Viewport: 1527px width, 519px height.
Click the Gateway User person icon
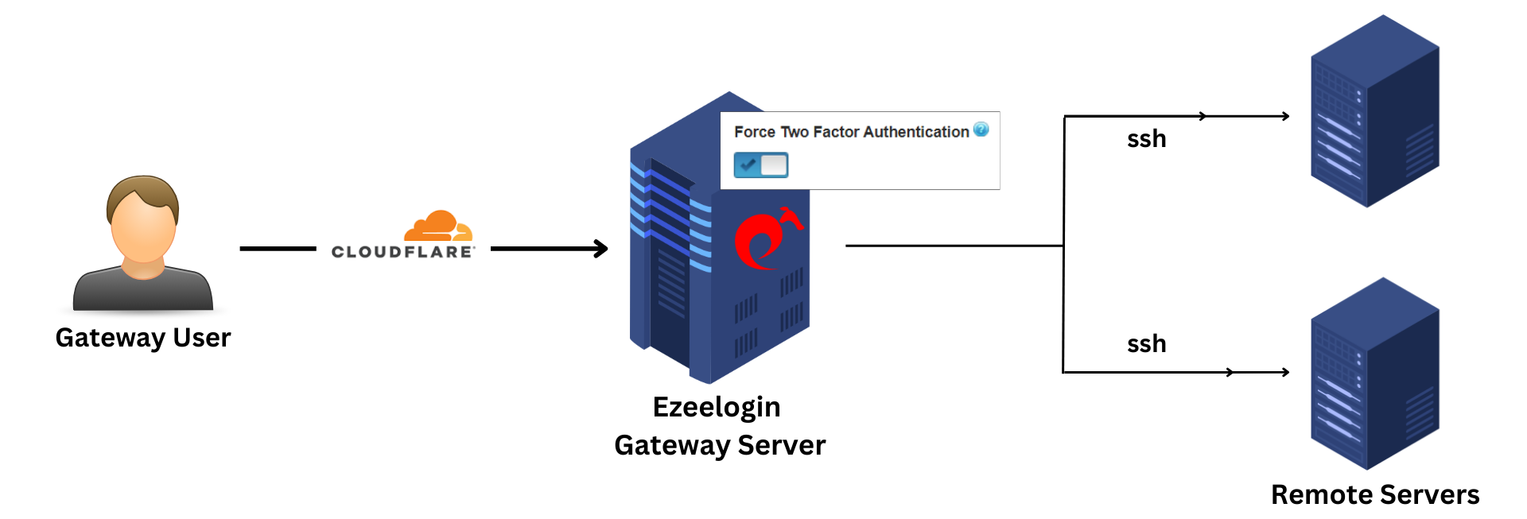(x=143, y=242)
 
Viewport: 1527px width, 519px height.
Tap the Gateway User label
(x=143, y=338)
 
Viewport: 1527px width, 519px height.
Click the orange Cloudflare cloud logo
(x=438, y=226)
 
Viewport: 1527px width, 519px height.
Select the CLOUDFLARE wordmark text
(x=402, y=252)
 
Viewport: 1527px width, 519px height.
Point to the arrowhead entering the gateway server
(x=602, y=249)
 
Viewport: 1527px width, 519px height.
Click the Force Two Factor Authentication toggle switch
(x=761, y=165)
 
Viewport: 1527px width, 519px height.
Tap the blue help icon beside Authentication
(x=981, y=130)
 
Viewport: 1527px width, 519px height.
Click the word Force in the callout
(x=754, y=132)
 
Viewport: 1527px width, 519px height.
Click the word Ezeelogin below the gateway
(x=717, y=407)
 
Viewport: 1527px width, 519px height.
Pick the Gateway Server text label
(x=720, y=445)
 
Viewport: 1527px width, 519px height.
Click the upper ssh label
(x=1146, y=139)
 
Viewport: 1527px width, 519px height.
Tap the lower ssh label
(x=1146, y=344)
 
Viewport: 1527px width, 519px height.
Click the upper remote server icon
(x=1375, y=111)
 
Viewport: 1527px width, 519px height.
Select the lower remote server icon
(x=1375, y=374)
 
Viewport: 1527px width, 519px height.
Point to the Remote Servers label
(x=1375, y=494)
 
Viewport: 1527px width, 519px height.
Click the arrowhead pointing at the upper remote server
(x=1284, y=116)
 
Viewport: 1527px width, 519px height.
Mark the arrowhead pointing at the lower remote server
(x=1284, y=372)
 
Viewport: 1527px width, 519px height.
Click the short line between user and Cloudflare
(x=278, y=249)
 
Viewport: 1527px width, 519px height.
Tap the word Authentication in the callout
(x=915, y=132)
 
